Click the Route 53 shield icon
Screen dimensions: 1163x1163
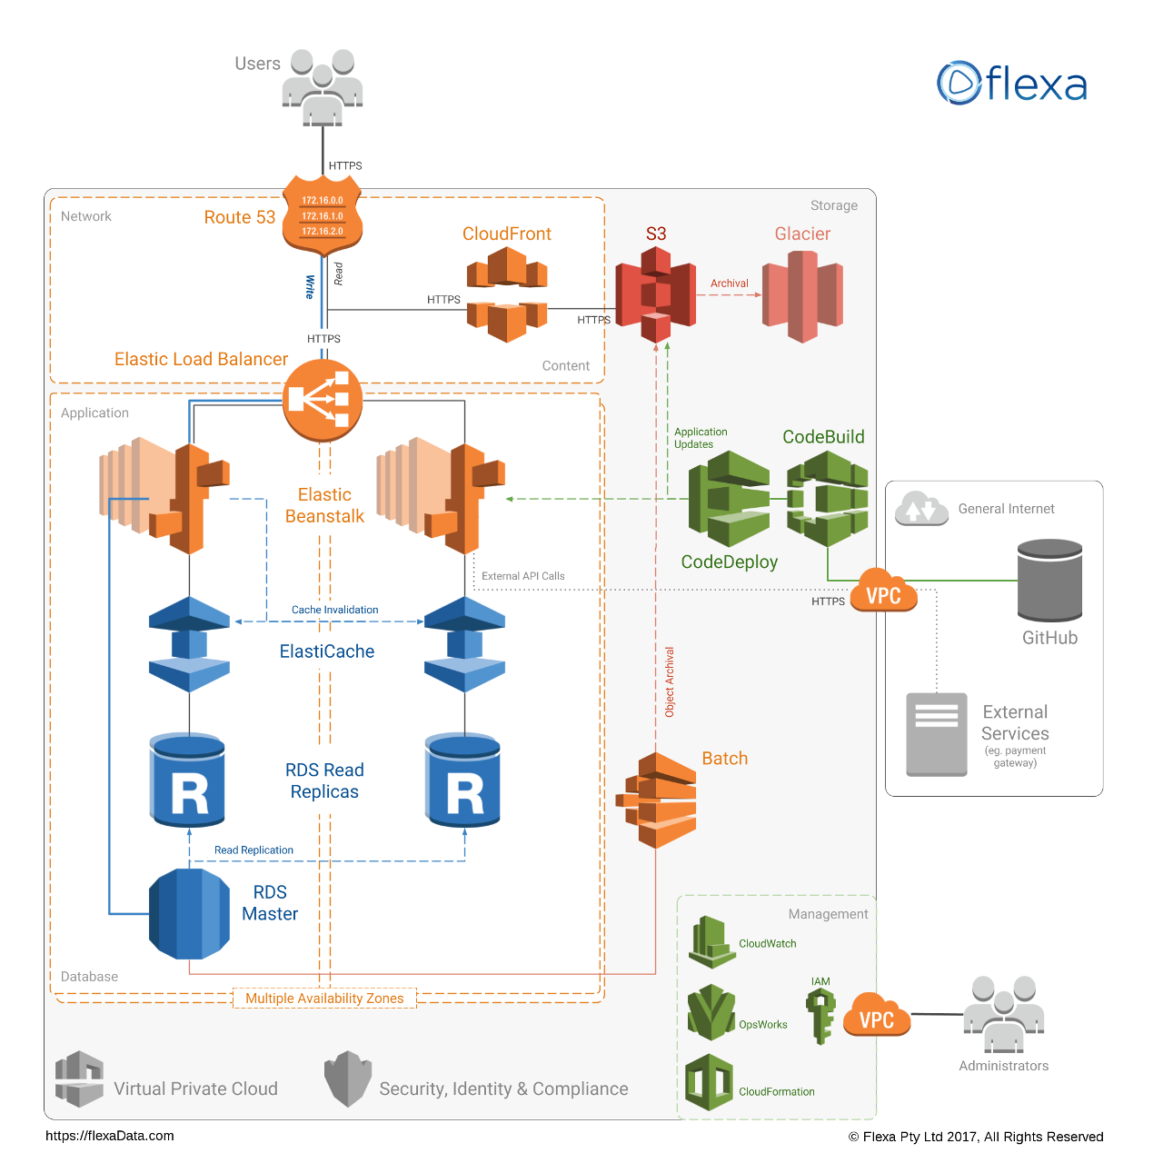tap(323, 215)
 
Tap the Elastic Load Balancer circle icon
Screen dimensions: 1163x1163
tap(323, 400)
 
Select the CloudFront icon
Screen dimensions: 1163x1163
tap(507, 293)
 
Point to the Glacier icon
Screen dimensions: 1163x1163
tap(802, 296)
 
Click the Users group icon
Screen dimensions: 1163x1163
tap(323, 87)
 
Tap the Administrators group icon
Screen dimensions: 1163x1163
tap(1003, 1014)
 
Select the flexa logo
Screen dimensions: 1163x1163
tap(1012, 84)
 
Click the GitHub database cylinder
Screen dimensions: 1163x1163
tap(1049, 581)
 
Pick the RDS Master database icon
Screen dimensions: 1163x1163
tap(189, 914)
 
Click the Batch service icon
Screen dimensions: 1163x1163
tap(656, 800)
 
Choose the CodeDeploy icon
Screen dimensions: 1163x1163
tap(729, 498)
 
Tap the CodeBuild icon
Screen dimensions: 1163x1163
tap(827, 498)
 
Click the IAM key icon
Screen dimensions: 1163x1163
tap(820, 1016)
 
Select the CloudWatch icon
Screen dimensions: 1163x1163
tap(711, 943)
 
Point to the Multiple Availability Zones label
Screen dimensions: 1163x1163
tap(324, 999)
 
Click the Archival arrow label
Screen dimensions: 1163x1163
tap(730, 283)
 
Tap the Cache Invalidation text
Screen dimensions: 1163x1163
tap(334, 610)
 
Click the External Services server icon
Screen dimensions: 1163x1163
tap(936, 734)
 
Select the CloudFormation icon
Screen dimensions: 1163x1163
tap(709, 1083)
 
